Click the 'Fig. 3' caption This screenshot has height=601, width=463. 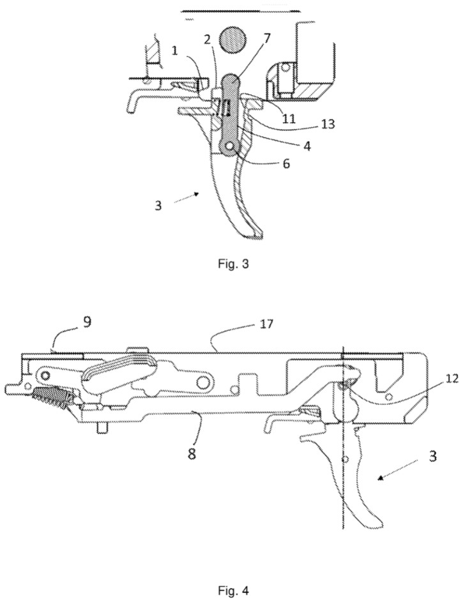(233, 264)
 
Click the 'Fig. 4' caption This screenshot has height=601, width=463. (233, 590)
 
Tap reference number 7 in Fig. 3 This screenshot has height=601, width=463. (267, 38)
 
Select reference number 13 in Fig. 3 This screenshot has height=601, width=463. (328, 124)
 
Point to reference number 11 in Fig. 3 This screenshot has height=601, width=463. (289, 118)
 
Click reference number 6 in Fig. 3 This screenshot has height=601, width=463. (285, 164)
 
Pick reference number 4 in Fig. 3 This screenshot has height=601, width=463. (307, 146)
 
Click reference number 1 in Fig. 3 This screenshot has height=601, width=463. (175, 50)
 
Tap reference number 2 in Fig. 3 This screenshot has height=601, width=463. (208, 40)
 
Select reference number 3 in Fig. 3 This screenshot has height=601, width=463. (158, 206)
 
